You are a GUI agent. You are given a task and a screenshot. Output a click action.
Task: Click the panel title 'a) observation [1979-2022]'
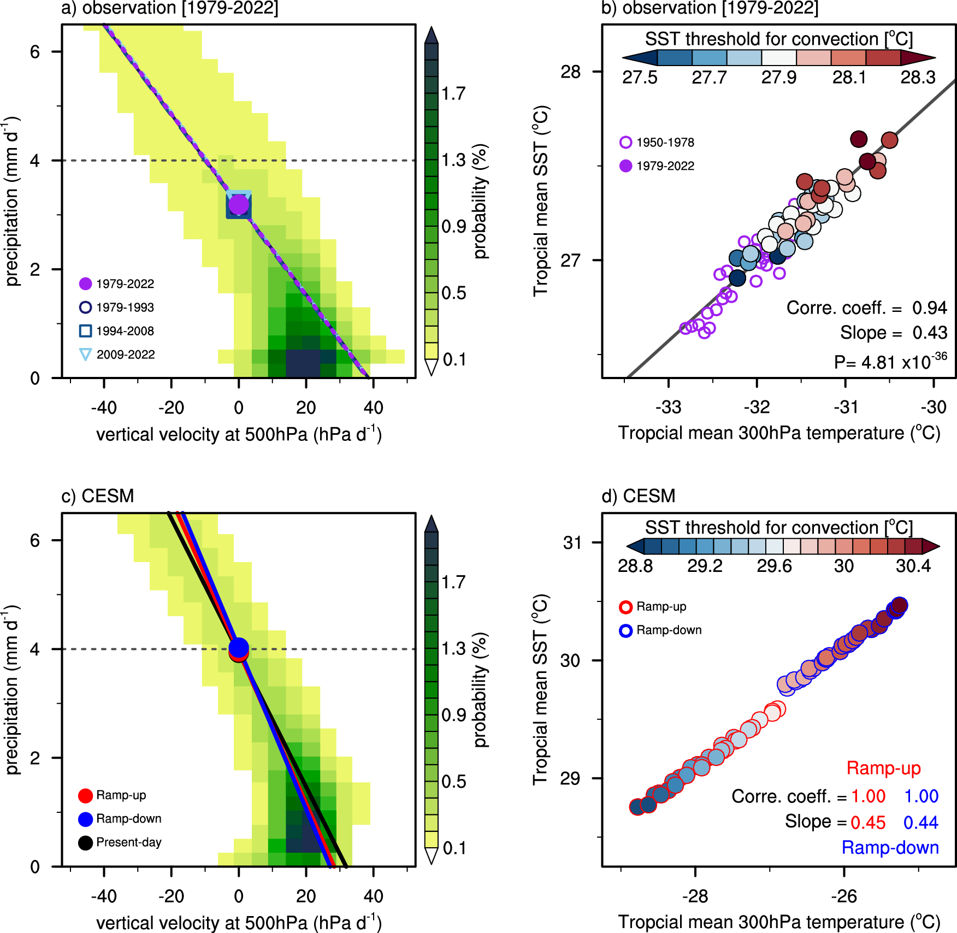tap(169, 8)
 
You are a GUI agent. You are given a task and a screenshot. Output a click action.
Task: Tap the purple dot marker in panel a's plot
tap(239, 205)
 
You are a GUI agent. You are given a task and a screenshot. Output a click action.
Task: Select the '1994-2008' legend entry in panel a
tap(125, 331)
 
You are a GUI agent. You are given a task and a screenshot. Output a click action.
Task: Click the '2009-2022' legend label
tap(126, 355)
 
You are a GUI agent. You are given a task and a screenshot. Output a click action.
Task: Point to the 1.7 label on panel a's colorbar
tap(453, 94)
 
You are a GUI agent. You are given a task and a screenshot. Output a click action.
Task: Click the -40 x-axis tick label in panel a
tap(104, 408)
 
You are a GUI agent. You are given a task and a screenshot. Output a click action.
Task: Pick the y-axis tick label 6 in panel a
tap(35, 52)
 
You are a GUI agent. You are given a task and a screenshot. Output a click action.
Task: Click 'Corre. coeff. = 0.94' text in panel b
tap(866, 308)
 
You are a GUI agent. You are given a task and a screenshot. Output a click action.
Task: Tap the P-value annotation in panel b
tap(890, 362)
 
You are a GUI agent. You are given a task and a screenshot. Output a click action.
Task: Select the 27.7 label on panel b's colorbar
tap(709, 78)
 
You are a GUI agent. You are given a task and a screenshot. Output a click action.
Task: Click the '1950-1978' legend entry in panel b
tap(665, 143)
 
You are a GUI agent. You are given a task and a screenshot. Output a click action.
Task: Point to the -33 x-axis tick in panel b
tap(669, 407)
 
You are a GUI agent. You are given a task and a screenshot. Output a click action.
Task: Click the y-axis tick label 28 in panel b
tap(571, 72)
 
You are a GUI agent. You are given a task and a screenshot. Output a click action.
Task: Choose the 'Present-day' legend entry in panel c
tap(128, 842)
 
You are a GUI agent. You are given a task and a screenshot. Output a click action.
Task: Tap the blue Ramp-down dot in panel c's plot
tap(239, 647)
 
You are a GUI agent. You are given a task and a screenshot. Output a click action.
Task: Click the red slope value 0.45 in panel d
tap(868, 823)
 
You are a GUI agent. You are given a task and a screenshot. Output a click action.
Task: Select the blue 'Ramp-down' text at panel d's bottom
tap(890, 848)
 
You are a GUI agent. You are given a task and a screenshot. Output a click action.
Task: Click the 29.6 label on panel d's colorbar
tap(774, 566)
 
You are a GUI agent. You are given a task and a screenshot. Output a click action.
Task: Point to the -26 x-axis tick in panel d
tap(844, 896)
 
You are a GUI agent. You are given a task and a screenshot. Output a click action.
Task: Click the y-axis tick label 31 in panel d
tap(572, 542)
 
